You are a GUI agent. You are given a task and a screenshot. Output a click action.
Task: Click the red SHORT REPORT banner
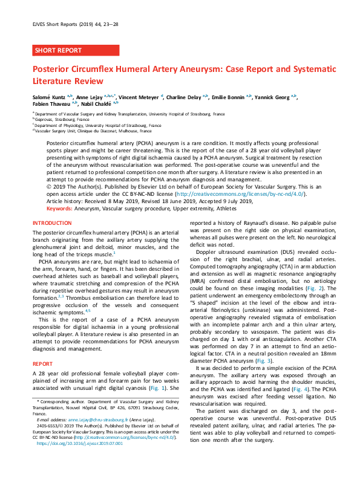pyautogui.click(x=59, y=50)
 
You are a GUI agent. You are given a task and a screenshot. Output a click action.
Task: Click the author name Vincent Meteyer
pyautogui.click(x=140, y=96)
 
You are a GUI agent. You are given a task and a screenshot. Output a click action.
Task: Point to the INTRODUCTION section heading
pyautogui.click(x=52, y=223)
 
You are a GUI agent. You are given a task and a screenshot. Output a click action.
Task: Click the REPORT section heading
pyautogui.click(x=42, y=348)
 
